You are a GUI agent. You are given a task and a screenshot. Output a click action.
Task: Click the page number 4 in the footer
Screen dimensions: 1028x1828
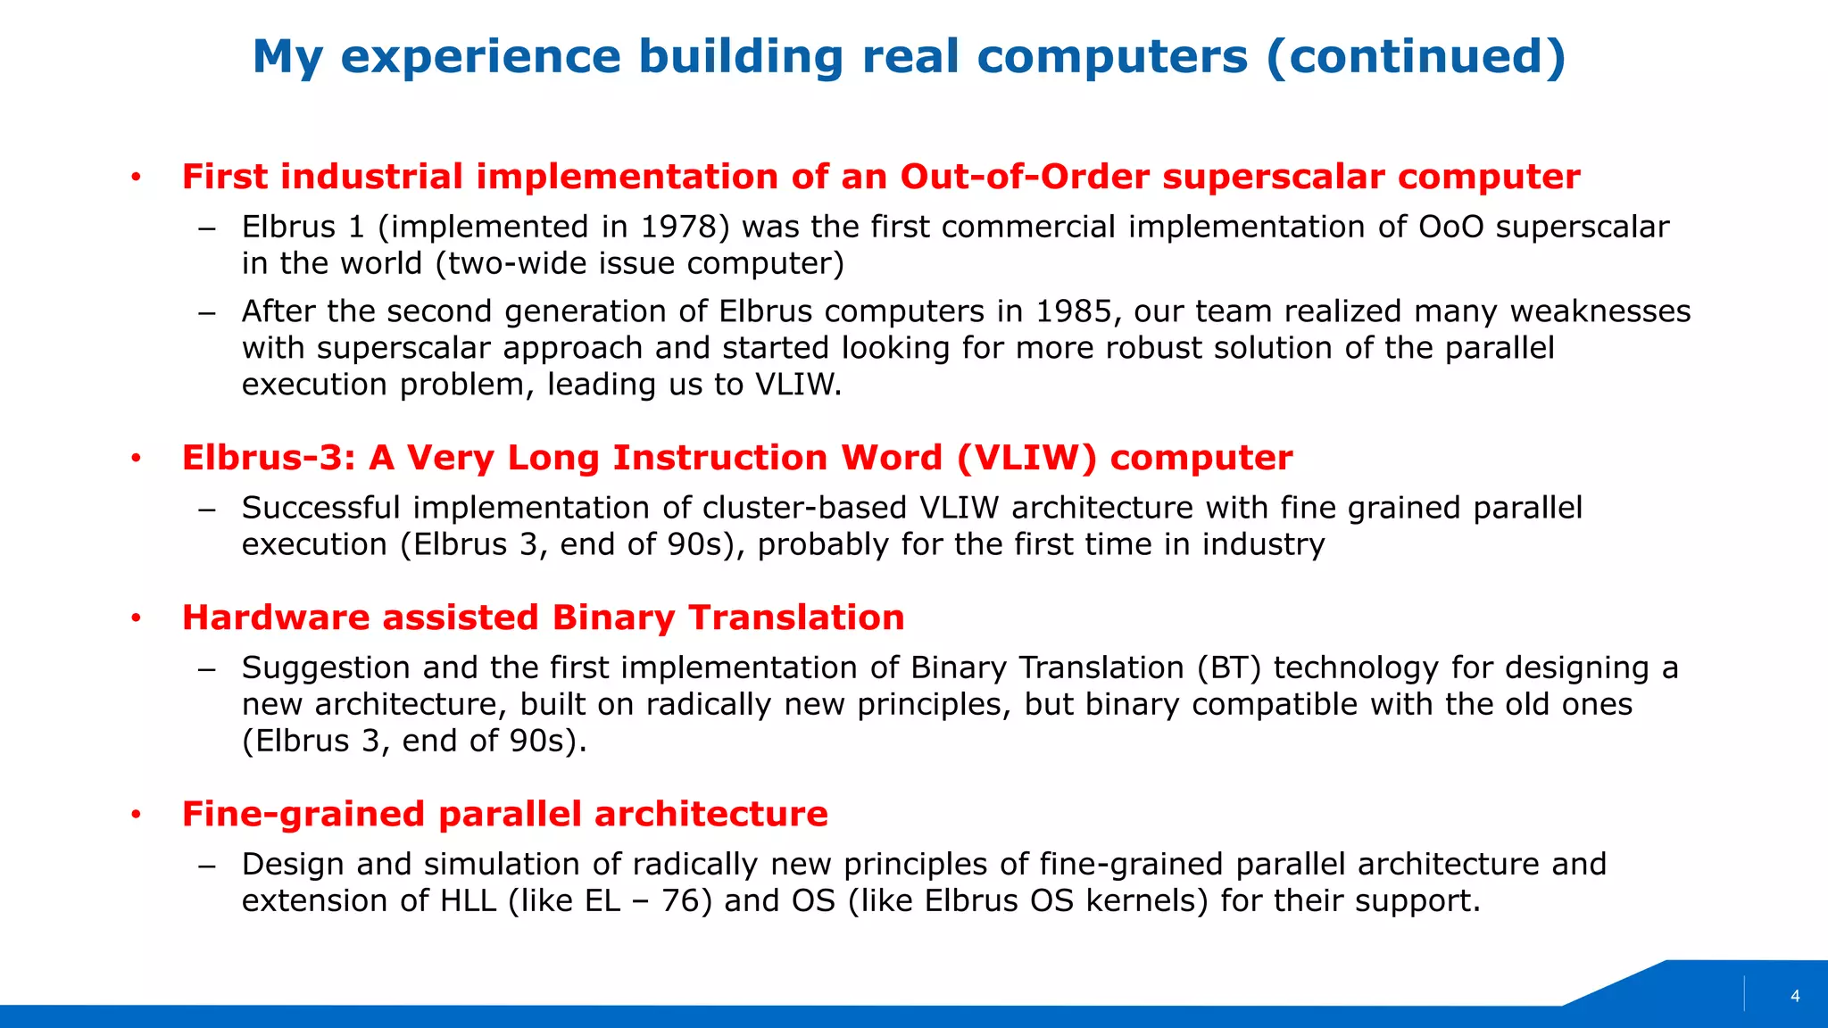1795,997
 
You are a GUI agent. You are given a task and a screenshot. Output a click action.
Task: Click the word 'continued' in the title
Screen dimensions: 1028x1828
1416,57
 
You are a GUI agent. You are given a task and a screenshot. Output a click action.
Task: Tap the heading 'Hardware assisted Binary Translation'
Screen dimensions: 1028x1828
543,618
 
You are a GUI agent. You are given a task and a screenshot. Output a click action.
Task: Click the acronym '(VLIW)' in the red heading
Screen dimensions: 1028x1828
1026,458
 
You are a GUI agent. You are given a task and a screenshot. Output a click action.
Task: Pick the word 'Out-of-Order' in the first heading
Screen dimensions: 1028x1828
1025,177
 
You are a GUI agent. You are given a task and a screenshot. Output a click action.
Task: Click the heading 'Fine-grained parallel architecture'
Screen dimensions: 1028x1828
504,814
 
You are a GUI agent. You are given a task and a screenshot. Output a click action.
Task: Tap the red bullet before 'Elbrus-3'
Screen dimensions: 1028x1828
136,459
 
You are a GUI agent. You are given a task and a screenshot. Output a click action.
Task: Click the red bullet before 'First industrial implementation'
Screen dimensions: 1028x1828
136,178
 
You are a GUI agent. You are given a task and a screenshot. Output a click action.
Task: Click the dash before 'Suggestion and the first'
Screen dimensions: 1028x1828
207,669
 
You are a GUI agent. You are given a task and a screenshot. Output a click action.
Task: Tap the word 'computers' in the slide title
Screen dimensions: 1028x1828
1112,57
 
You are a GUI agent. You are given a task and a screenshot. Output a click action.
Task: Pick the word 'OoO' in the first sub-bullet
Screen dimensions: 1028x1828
1450,227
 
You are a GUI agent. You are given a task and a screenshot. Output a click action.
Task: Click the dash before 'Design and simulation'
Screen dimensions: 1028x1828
207,866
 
